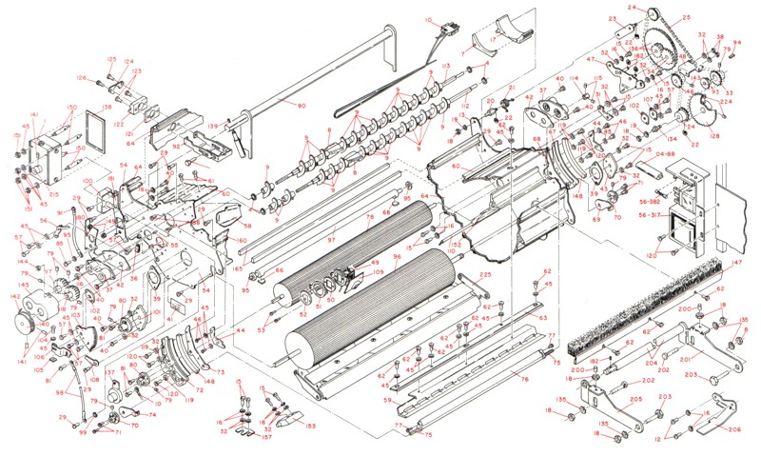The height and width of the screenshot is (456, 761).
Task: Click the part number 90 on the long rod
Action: [x=302, y=106]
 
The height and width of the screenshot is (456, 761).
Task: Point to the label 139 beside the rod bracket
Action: [x=214, y=126]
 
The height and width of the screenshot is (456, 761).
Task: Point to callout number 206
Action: [x=733, y=429]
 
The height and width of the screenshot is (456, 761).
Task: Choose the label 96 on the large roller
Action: [x=397, y=257]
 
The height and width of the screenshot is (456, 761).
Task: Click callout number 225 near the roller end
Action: [x=485, y=275]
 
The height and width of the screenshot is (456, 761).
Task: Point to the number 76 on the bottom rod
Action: [x=524, y=379]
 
